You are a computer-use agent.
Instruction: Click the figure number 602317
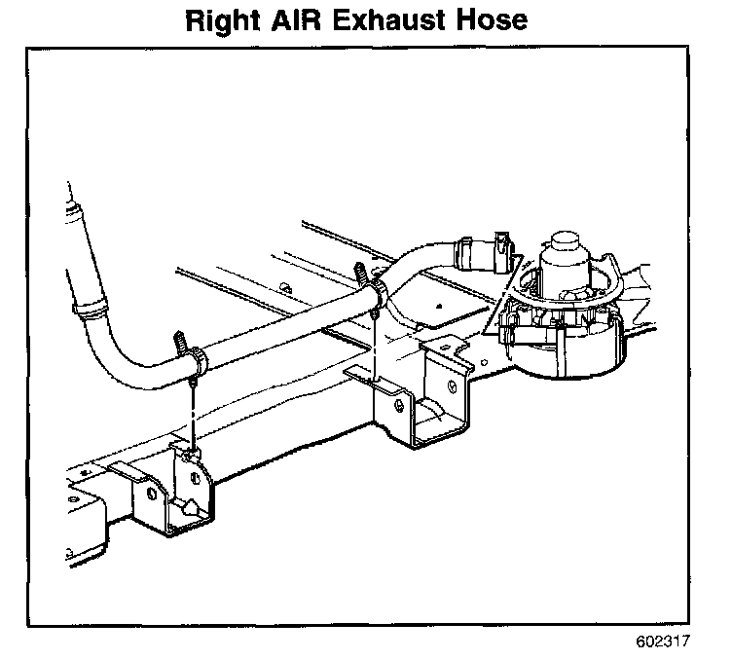tap(662, 642)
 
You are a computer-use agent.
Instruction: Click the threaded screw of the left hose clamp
tap(182, 341)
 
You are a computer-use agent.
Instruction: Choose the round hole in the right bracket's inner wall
tap(453, 387)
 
